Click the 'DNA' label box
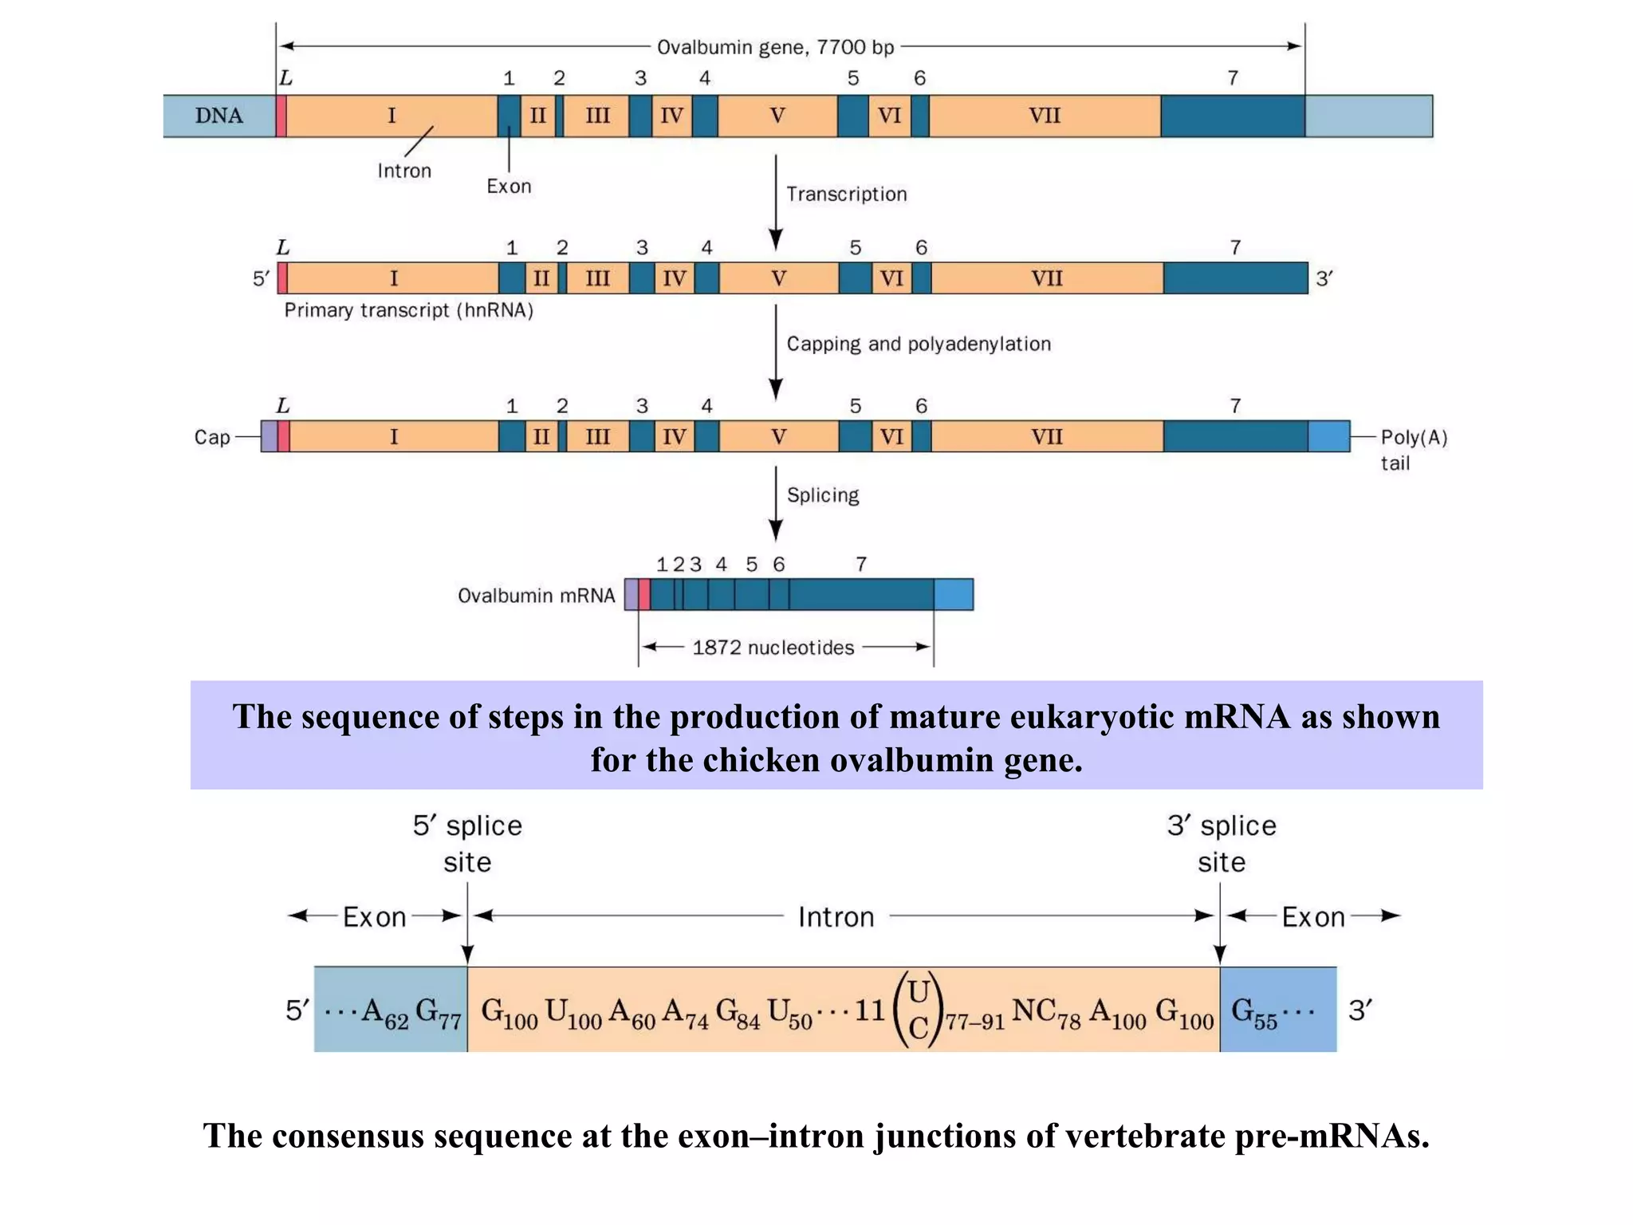[219, 116]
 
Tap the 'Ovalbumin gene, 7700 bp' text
[775, 47]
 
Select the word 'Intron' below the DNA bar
[404, 171]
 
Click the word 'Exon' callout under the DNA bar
[509, 186]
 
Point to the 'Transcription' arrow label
[846, 194]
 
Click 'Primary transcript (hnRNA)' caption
[408, 310]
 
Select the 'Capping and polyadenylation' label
[918, 344]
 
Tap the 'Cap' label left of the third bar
[212, 437]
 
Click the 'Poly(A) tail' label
[1413, 449]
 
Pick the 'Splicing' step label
[822, 495]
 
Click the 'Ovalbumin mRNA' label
[536, 595]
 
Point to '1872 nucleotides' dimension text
[773, 648]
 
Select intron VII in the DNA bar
[1045, 116]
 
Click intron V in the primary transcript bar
[778, 278]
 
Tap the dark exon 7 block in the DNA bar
[1232, 116]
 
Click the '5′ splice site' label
[467, 843]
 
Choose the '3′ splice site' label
[1221, 843]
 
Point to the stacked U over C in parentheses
[919, 1010]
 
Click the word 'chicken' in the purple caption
[761, 759]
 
